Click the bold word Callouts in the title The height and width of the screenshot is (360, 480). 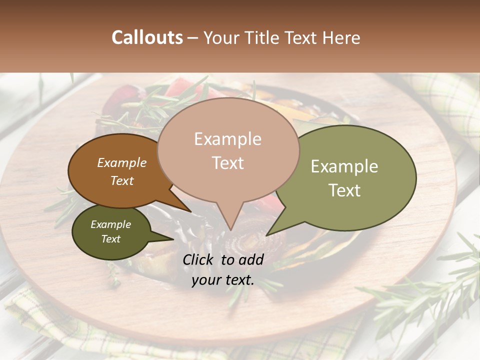[147, 37]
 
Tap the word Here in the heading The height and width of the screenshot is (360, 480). [341, 37]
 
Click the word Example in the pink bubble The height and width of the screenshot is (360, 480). [227, 139]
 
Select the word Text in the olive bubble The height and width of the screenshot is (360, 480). [344, 190]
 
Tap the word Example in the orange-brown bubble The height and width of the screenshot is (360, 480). [121, 163]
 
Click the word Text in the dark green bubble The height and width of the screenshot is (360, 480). [110, 239]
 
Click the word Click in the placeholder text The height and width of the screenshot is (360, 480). [199, 259]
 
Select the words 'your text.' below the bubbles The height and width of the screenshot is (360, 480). [222, 280]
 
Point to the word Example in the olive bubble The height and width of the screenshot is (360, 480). [344, 166]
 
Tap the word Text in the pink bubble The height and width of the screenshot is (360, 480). [228, 163]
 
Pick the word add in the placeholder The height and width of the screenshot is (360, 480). [251, 259]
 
